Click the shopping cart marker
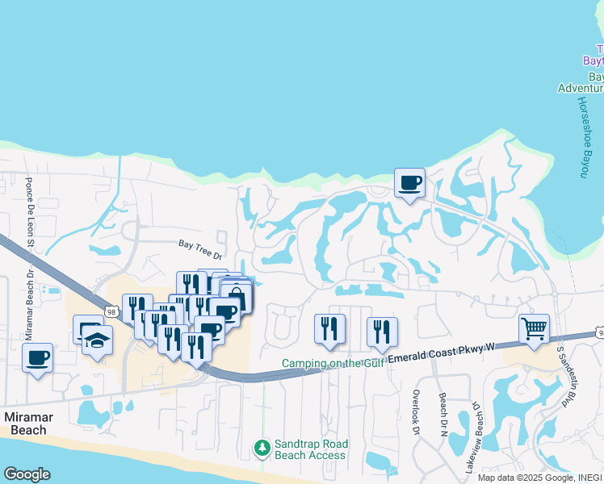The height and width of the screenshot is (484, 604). [x=534, y=329]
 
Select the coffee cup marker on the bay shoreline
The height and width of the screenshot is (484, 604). [x=409, y=182]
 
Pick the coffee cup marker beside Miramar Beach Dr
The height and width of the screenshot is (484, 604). [x=38, y=357]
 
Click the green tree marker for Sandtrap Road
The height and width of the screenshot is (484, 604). [x=262, y=447]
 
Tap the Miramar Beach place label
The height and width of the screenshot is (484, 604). [x=36, y=423]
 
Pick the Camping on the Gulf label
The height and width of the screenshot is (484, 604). [x=333, y=364]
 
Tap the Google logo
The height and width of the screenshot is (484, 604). [x=27, y=474]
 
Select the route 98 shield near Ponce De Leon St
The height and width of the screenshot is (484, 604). [x=111, y=301]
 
